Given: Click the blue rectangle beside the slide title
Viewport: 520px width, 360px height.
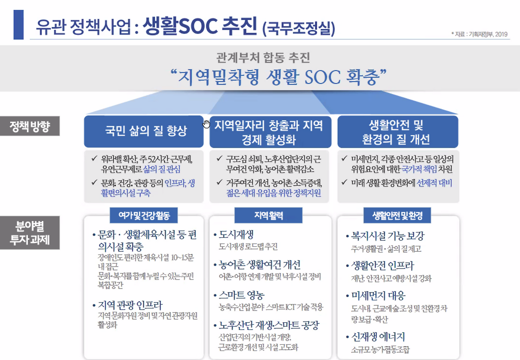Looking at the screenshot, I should [x=18, y=24].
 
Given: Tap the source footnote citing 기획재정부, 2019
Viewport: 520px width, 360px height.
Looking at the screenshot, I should [x=479, y=34].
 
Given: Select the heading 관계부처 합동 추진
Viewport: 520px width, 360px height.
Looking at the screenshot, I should [x=263, y=58].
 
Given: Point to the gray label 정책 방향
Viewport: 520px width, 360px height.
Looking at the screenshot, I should [x=30, y=126].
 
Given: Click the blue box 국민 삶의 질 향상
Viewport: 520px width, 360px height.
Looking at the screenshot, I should [x=144, y=131].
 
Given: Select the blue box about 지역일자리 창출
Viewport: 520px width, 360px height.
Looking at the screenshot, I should [x=270, y=132].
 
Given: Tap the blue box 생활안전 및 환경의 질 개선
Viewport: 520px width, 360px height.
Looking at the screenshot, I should [x=397, y=132].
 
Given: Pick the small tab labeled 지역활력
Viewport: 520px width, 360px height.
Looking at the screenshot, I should [x=269, y=216].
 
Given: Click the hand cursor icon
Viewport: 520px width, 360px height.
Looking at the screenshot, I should [x=207, y=124].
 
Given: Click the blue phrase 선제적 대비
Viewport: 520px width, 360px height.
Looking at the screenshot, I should [x=435, y=183].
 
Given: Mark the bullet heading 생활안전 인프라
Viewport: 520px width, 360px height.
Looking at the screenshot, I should [x=382, y=266].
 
